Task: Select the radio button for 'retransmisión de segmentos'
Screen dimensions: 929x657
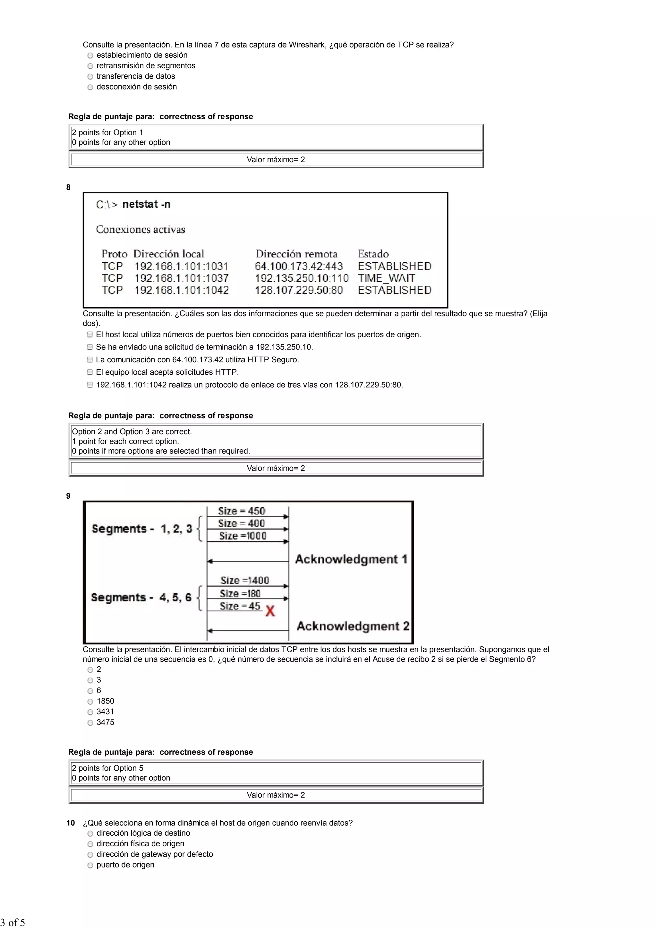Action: [90, 66]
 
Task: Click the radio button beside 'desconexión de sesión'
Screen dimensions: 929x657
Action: [90, 87]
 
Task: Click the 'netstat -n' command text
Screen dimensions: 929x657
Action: [146, 204]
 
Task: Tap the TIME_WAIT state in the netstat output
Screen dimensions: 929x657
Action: [386, 278]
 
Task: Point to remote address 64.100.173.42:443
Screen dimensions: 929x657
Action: [299, 266]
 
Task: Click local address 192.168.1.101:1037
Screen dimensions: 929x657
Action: [181, 278]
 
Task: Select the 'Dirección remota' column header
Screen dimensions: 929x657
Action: [296, 254]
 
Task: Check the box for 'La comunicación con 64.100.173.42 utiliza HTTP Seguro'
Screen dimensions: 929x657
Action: [90, 360]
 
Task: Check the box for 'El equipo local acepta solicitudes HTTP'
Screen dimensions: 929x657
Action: [90, 372]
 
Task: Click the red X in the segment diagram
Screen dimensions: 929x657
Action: [270, 611]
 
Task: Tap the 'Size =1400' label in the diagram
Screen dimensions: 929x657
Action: [244, 581]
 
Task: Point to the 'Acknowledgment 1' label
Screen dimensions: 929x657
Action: [351, 559]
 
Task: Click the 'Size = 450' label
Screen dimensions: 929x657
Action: [241, 511]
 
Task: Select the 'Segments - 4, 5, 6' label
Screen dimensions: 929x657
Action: [141, 598]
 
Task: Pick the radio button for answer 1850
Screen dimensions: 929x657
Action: [90, 702]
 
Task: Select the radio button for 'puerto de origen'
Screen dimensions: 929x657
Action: [90, 866]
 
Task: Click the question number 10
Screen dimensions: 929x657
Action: [71, 823]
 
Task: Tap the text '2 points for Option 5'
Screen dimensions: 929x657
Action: [107, 768]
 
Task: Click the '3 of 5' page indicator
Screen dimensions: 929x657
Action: [13, 923]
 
